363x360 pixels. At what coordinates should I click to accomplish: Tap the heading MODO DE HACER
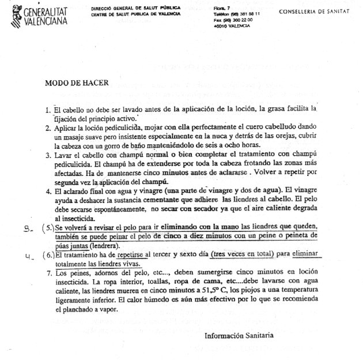tap(77, 82)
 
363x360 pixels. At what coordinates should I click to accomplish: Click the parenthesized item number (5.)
tap(48, 228)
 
